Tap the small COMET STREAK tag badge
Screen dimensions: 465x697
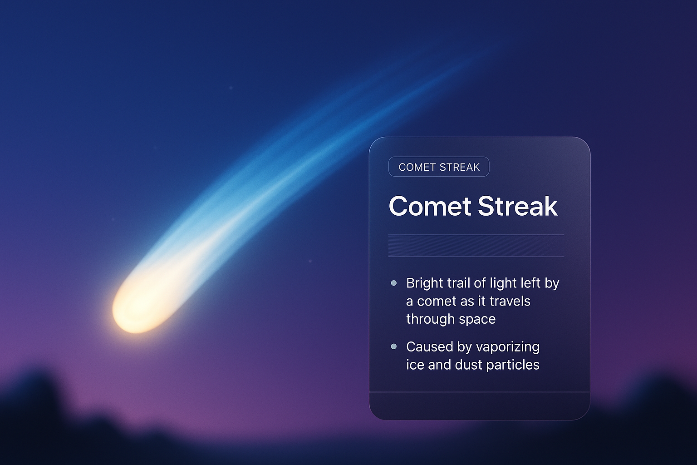click(x=439, y=167)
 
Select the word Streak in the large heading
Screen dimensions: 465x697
click(x=517, y=206)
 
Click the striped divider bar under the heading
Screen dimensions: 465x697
click(x=476, y=246)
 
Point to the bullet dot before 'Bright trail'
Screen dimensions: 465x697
click(x=394, y=283)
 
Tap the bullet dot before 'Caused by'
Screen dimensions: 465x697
click(x=394, y=346)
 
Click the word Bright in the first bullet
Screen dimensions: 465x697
click(x=424, y=283)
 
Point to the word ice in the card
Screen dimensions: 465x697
click(x=415, y=365)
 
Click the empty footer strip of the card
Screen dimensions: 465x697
click(x=479, y=405)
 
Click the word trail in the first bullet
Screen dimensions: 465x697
click(x=458, y=283)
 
